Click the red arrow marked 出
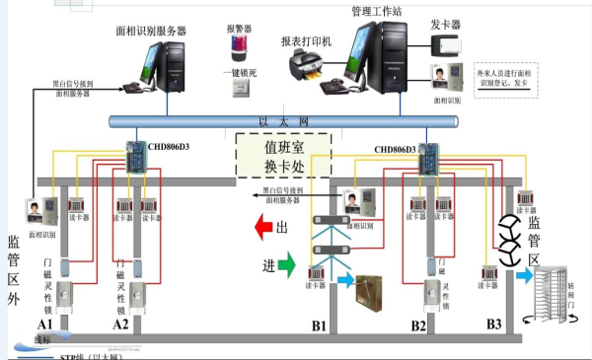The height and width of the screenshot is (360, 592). pyautogui.click(x=270, y=229)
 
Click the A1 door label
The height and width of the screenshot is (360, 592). pyautogui.click(x=45, y=324)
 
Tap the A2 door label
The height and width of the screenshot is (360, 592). pyautogui.click(x=120, y=324)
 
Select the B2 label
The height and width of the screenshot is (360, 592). pyautogui.click(x=418, y=324)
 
